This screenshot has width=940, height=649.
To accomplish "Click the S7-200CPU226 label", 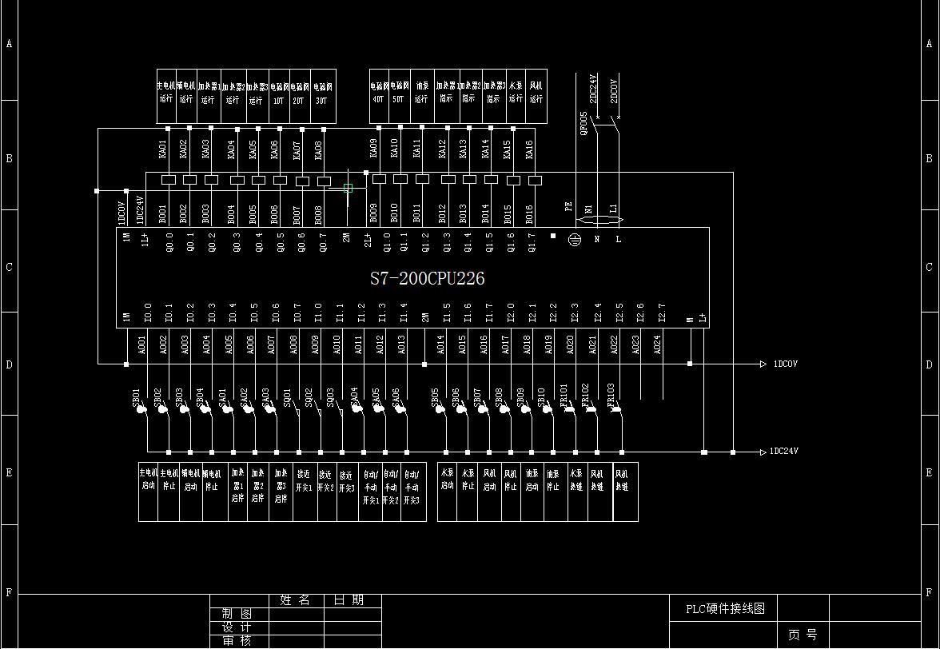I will (x=427, y=279).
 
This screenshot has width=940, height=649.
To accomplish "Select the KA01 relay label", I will (x=162, y=149).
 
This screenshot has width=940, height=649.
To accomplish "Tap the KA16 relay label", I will (x=528, y=149).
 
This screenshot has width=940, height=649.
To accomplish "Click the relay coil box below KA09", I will (x=379, y=179).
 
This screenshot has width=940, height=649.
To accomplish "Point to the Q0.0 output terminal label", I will (x=169, y=241).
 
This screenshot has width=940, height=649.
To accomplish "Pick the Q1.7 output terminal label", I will (x=532, y=241).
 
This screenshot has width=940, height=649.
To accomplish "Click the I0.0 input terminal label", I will (x=147, y=312).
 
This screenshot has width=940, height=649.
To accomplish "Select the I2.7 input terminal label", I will (x=661, y=312).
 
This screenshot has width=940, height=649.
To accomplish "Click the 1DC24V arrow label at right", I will (x=784, y=452).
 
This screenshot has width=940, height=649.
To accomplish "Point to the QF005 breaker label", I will (x=584, y=124).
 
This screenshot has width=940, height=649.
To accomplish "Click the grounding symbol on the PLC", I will (x=575, y=239).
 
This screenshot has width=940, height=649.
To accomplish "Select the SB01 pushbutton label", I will (x=136, y=397).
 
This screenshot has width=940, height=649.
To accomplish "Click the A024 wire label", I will (x=657, y=344).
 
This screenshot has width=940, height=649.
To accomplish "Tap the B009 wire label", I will (x=373, y=213).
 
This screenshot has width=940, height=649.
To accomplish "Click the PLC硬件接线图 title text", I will (x=725, y=608).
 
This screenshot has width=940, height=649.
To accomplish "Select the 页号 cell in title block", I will (x=803, y=635).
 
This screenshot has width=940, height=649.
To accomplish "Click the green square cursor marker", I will (x=348, y=189).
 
